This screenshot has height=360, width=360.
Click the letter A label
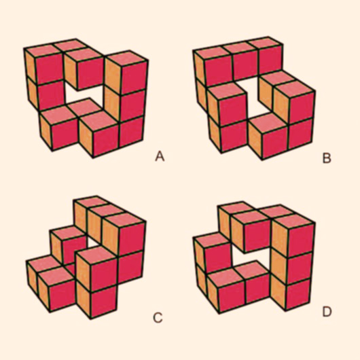coord(160,156)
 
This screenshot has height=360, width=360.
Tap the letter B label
coord(327,158)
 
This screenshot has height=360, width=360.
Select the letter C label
coord(158,318)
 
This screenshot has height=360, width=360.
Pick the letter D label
coord(327,312)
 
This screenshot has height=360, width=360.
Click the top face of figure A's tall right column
coord(126,58)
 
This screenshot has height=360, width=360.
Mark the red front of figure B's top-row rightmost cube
coord(270,60)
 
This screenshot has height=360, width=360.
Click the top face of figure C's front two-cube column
coord(96,255)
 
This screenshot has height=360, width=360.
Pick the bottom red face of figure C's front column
coord(103,301)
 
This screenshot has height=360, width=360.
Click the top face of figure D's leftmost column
coord(211,240)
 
